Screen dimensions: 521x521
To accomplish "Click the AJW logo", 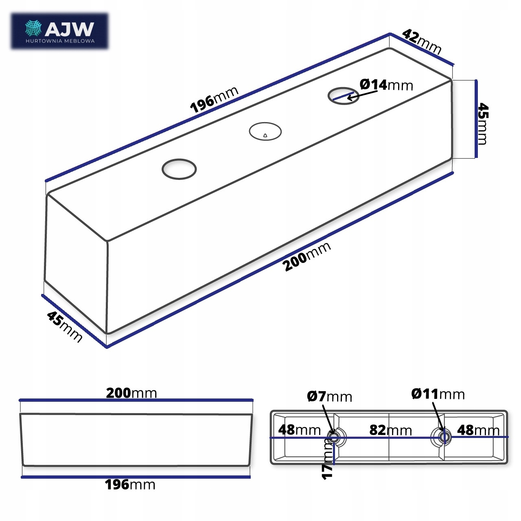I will pyautogui.click(x=59, y=32).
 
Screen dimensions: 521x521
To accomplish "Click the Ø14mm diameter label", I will pyautogui.click(x=386, y=85).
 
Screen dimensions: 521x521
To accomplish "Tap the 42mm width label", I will pyautogui.click(x=422, y=42).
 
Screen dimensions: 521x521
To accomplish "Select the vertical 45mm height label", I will pyautogui.click(x=482, y=123).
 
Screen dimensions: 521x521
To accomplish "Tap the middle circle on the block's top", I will pyautogui.click(x=265, y=131).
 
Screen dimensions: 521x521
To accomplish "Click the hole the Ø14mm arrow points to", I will pyautogui.click(x=344, y=95).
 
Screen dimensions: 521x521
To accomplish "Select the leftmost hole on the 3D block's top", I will pyautogui.click(x=179, y=169).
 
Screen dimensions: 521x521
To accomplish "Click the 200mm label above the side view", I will pyautogui.click(x=131, y=393).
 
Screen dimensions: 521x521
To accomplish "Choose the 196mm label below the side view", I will pyautogui.click(x=130, y=485).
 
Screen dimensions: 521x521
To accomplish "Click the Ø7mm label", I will pyautogui.click(x=329, y=396).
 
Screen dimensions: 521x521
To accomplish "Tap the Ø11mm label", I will pyautogui.click(x=438, y=394).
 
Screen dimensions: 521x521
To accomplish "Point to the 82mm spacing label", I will pyautogui.click(x=390, y=430).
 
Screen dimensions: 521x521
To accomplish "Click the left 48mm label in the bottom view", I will pyautogui.click(x=299, y=429).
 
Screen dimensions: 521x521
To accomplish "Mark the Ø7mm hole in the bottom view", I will pyautogui.click(x=335, y=438).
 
